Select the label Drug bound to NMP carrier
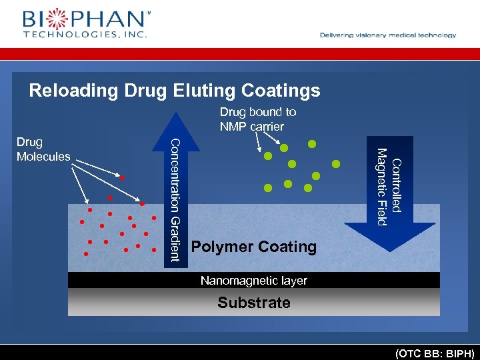point(257,119)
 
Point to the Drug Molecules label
point(43,149)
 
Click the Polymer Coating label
point(253,247)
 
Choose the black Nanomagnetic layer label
point(253,281)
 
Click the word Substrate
point(253,303)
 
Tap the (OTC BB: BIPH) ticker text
point(434,352)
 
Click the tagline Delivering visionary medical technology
point(388,35)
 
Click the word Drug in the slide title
point(142,90)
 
